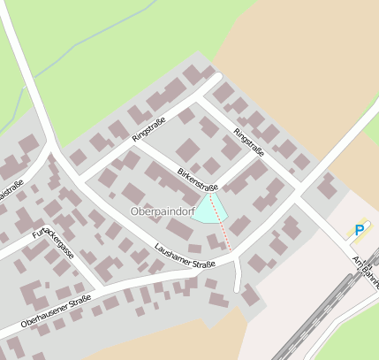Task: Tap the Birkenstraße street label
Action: pos(197,179)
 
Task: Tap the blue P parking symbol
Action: pos(360,230)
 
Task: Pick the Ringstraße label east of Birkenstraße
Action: pos(249,142)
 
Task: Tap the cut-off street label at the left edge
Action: pos(11,190)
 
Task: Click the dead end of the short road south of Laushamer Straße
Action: pos(237,290)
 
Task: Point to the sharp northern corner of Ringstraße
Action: pos(217,78)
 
